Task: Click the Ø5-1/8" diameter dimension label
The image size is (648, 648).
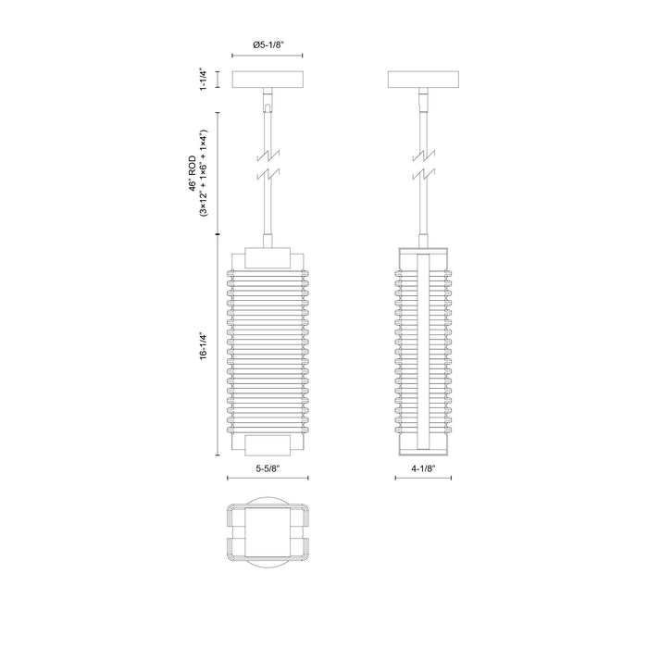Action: pos(267,43)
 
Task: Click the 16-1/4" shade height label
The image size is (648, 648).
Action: pos(203,351)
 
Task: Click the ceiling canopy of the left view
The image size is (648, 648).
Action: pos(267,80)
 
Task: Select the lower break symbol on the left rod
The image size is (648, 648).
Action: pos(267,174)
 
